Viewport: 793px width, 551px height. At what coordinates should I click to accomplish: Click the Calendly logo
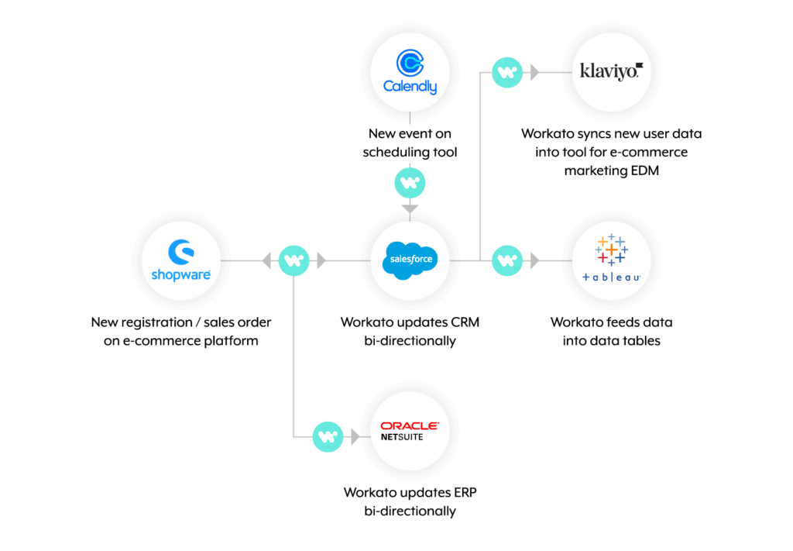pos(410,71)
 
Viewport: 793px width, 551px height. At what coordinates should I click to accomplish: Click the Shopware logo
pos(180,260)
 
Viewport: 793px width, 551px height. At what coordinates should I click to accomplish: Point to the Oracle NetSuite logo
pos(410,431)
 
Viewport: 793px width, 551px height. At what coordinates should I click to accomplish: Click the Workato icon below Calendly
pos(410,184)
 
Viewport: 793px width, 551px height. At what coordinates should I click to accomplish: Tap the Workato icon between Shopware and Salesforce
pos(294,260)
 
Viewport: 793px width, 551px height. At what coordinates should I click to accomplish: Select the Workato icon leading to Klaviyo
pos(507,72)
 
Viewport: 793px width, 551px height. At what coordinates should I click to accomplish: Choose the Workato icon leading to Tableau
pos(507,260)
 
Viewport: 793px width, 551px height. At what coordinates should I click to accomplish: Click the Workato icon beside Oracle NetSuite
pos(327,437)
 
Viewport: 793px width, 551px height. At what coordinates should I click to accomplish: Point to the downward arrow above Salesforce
pos(410,208)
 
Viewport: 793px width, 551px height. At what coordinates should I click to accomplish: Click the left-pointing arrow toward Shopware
pos(267,261)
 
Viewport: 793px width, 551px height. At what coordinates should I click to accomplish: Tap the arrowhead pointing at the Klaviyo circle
pos(534,73)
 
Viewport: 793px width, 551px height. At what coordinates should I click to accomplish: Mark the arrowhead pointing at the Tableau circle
pos(534,261)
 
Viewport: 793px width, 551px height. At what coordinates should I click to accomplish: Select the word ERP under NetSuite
pos(461,493)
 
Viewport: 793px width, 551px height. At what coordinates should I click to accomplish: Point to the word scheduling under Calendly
pos(394,152)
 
